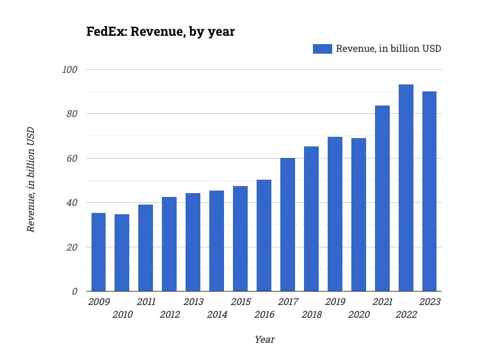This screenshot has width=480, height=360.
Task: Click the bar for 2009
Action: [99, 252]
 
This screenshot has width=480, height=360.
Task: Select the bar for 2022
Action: [406, 188]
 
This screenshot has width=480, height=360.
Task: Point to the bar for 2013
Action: [193, 242]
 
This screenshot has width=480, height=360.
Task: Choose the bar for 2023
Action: [429, 191]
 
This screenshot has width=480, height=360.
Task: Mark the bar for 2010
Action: [122, 253]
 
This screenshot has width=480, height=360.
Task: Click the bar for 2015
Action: [240, 239]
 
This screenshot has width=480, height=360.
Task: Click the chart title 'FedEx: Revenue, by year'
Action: [161, 31]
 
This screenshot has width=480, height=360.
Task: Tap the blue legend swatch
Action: [322, 49]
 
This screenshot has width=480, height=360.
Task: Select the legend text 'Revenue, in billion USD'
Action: [388, 49]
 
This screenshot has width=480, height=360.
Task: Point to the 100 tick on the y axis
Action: [70, 69]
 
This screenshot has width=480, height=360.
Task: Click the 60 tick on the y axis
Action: [72, 158]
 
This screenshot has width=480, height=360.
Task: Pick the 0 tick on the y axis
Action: [74, 292]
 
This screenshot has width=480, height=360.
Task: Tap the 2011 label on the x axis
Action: [146, 302]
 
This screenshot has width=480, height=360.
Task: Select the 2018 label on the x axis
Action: [312, 315]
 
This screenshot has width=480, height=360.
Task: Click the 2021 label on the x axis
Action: [383, 302]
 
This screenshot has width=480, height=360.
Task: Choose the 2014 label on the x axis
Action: [217, 315]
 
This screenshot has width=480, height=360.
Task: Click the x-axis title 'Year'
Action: [264, 340]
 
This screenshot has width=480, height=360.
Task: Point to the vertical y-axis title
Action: [30, 180]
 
